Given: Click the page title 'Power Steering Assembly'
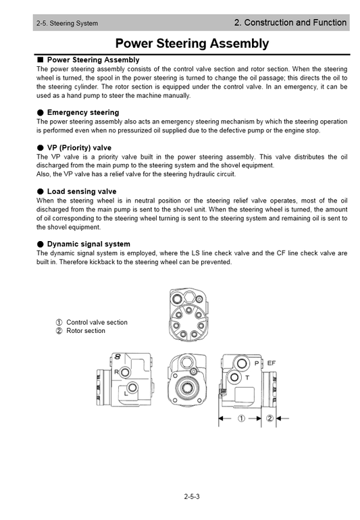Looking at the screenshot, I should [x=192, y=44].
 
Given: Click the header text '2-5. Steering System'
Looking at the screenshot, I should [x=68, y=24].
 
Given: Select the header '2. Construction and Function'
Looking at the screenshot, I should [x=290, y=23].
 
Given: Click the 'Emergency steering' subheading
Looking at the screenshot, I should [x=82, y=112].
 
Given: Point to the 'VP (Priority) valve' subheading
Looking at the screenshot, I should [x=79, y=147].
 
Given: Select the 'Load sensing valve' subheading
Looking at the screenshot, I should [x=81, y=192].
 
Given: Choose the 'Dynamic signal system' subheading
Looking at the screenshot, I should [x=88, y=244].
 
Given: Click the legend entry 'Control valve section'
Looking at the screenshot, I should [x=97, y=322].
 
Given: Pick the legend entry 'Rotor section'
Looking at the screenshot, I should [x=86, y=331].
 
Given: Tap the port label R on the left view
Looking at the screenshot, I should [x=117, y=372].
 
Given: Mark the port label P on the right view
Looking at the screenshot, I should [x=257, y=363].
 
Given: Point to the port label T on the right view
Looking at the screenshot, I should [x=247, y=377].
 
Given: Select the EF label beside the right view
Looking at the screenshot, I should [x=271, y=363].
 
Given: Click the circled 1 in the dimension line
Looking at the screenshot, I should [x=240, y=419].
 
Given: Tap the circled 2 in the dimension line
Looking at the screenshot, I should [x=269, y=419].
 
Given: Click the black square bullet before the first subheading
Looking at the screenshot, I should [x=41, y=60].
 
